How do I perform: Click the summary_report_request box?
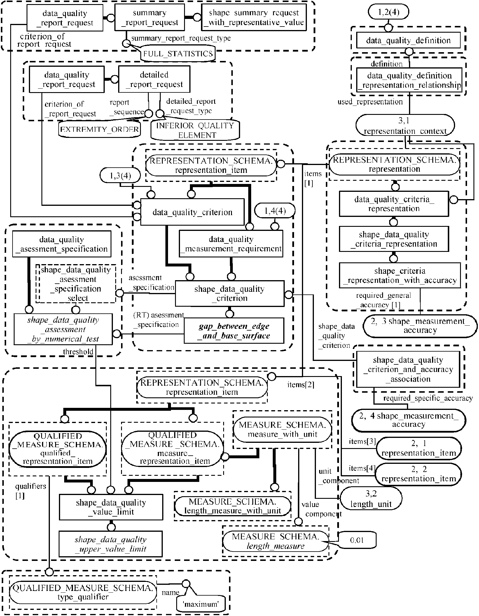pyautogui.click(x=149, y=17)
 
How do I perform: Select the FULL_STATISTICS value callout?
pyautogui.click(x=178, y=54)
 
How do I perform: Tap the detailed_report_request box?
pyautogui.click(x=154, y=79)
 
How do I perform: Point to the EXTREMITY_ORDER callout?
pyautogui.click(x=99, y=129)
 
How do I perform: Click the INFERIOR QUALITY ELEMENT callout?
pyautogui.click(x=195, y=130)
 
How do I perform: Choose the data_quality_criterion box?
pyautogui.click(x=192, y=212)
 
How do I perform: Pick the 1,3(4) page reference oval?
pyautogui.click(x=120, y=176)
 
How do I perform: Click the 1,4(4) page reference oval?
pyautogui.click(x=275, y=211)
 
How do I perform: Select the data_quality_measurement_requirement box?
pyautogui.click(x=231, y=244)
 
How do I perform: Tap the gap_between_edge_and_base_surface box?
pyautogui.click(x=234, y=331)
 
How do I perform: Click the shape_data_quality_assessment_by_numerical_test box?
pyautogui.click(x=63, y=329)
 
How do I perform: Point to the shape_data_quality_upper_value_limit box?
pyautogui.click(x=111, y=544)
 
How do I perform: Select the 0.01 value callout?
pyautogui.click(x=357, y=540)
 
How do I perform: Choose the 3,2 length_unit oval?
pyautogui.click(x=371, y=499)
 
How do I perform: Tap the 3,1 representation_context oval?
pyautogui.click(x=405, y=125)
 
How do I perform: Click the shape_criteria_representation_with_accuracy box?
pyautogui.click(x=400, y=275)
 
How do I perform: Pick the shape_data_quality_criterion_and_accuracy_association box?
pyautogui.click(x=408, y=369)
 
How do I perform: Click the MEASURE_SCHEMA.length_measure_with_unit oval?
pyautogui.click(x=233, y=506)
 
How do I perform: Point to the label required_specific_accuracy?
pyautogui.click(x=428, y=398)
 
